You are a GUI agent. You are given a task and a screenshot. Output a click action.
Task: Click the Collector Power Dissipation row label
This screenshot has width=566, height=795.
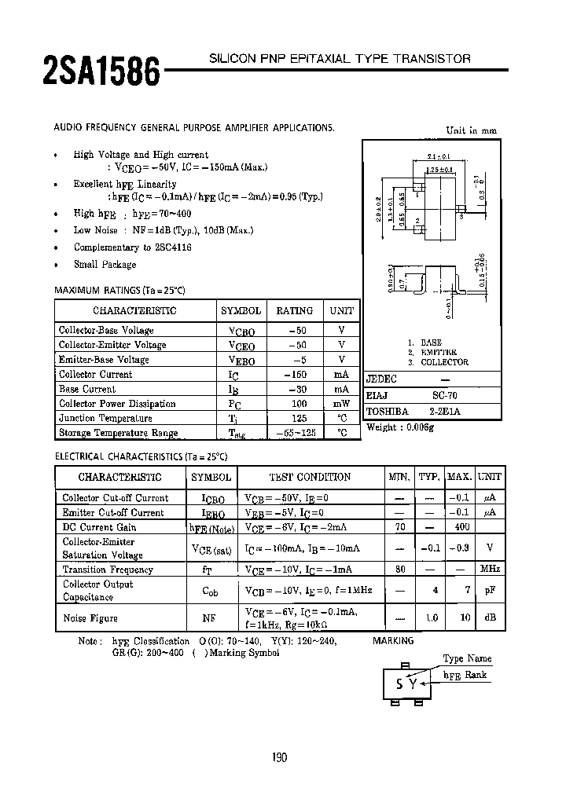(x=117, y=404)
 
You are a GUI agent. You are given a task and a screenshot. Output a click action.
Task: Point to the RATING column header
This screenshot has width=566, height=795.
(x=294, y=310)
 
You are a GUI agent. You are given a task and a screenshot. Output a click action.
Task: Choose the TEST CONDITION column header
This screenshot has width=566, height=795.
(x=310, y=477)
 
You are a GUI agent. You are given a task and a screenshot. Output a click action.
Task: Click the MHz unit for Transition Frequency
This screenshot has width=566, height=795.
(x=490, y=570)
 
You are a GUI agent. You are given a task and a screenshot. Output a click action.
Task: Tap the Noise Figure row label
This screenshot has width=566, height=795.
(x=90, y=618)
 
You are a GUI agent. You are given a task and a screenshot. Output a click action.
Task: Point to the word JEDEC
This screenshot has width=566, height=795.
(x=381, y=379)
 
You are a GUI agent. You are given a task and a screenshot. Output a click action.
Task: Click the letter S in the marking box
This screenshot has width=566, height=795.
(x=400, y=683)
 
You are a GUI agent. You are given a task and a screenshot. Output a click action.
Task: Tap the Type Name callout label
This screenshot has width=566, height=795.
(x=467, y=658)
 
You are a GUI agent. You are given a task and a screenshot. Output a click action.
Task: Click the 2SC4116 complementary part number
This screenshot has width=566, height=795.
(x=167, y=247)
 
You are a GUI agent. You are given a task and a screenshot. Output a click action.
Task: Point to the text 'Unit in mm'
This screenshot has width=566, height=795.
(x=472, y=131)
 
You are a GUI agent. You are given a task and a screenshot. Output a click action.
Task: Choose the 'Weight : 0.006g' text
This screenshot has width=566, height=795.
(x=400, y=427)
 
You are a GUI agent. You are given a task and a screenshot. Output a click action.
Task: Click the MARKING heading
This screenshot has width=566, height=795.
(x=393, y=641)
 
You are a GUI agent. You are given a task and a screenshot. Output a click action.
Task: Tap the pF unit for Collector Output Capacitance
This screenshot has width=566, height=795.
(x=490, y=589)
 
